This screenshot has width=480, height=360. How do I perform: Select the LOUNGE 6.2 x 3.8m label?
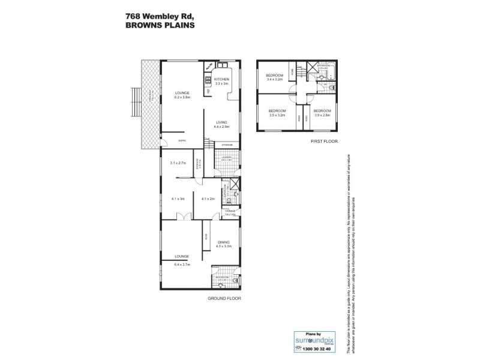[x=182, y=95]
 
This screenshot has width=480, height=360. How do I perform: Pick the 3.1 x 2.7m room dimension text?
[x=179, y=163]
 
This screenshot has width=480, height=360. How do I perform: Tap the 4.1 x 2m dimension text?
[x=209, y=199]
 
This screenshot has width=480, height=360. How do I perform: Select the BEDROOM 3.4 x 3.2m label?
[x=275, y=77]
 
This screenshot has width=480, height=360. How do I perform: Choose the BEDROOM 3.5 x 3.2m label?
[x=277, y=112]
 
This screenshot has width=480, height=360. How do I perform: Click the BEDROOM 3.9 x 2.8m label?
[x=322, y=112]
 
